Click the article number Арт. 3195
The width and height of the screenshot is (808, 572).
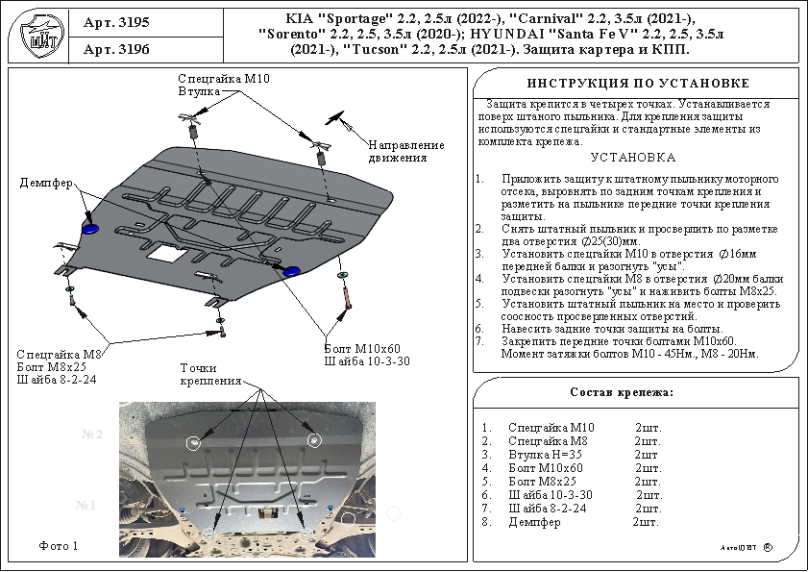pos(116,21)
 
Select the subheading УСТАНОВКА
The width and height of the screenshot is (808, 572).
pos(632,157)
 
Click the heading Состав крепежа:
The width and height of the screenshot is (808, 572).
pos(622,392)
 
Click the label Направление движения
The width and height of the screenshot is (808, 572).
pos(405,151)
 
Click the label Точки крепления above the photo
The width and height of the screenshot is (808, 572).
pos(209,374)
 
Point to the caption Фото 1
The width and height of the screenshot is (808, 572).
pos(58,546)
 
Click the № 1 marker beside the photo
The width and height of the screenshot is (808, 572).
pos(89,505)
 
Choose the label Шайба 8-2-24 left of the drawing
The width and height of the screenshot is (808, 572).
pos(57,380)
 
